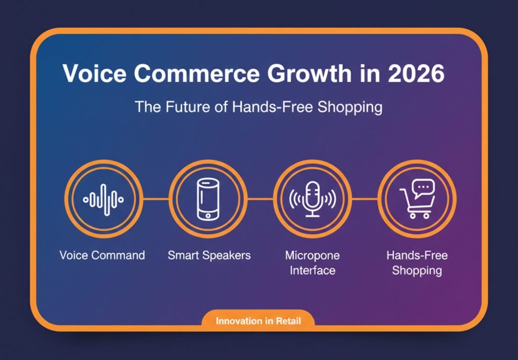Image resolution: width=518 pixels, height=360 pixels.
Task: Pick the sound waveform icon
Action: coord(103,199)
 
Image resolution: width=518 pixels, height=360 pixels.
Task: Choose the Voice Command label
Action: coord(102,255)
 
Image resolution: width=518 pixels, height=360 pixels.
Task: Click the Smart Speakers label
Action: coord(209,255)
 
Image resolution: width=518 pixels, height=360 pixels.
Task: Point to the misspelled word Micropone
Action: coord(312,255)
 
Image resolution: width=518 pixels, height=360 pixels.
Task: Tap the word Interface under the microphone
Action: coord(312,271)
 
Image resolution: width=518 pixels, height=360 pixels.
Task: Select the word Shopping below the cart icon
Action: coord(417,271)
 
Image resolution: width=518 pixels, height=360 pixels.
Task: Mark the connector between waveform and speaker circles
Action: coord(155,199)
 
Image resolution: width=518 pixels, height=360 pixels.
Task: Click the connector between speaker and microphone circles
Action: coord(261,199)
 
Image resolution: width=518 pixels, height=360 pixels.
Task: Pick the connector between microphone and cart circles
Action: coord(365,199)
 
